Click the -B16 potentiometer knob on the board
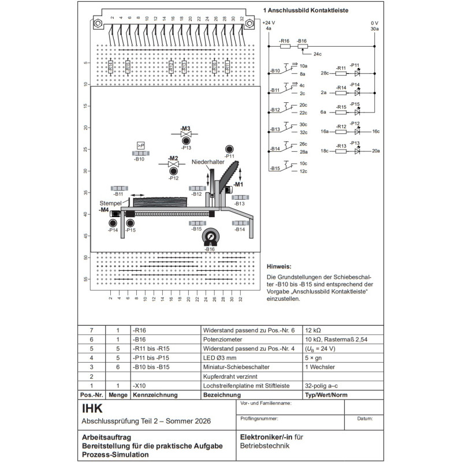tap(210, 237)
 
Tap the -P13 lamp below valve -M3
tap(186, 140)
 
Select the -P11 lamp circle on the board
tap(229, 149)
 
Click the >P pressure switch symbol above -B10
tap(140, 145)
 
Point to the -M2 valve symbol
tap(173, 165)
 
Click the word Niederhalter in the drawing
tap(208, 162)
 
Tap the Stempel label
tap(110, 204)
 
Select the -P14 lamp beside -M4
tap(114, 223)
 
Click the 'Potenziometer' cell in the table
tap(223, 340)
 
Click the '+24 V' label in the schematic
tap(269, 23)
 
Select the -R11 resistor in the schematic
tap(341, 73)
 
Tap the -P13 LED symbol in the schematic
tap(357, 151)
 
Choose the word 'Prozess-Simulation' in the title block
tap(115, 454)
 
